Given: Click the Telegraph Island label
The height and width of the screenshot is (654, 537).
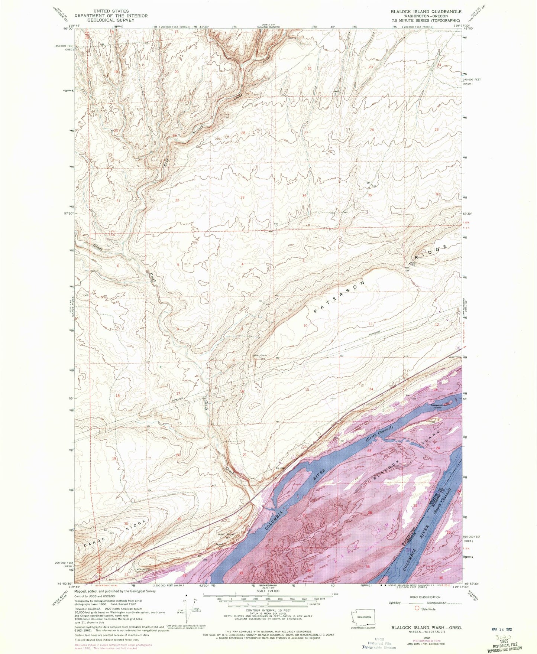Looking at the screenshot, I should pos(437,406).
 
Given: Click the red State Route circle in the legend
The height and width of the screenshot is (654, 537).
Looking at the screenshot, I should pos(417,609).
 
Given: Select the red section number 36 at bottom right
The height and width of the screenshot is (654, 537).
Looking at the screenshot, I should pos(441,578).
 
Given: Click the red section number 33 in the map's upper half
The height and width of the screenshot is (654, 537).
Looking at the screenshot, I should pos(243,198).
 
